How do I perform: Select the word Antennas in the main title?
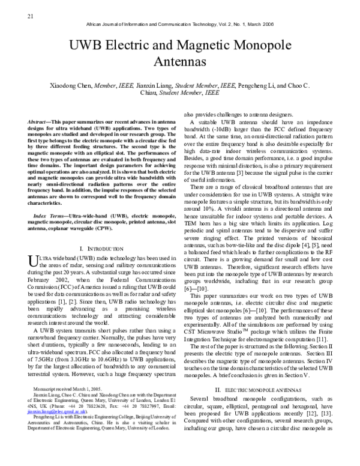pyautogui.click(x=179, y=61)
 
